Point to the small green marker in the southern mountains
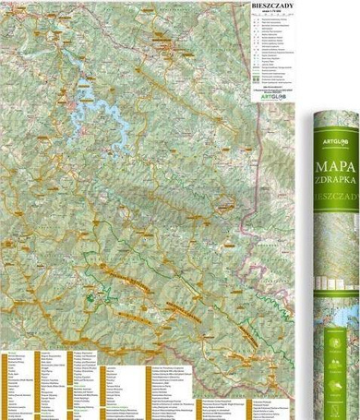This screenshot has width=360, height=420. tap(90, 298)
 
